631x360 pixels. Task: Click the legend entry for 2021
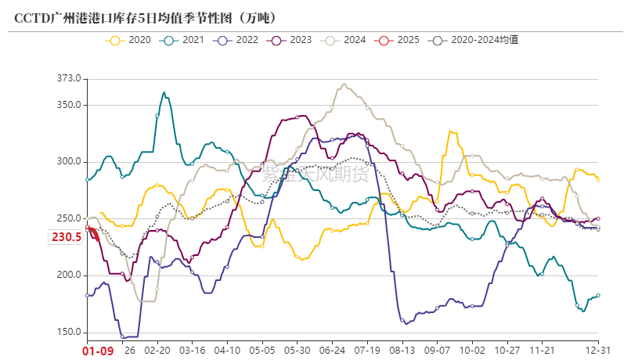pos(185,39)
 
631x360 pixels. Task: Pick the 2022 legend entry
pos(238,39)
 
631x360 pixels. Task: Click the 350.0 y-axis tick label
pos(68,105)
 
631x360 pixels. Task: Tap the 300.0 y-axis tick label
pos(68,162)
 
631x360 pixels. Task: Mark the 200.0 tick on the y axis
pos(68,275)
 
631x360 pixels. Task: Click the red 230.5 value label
pos(67,237)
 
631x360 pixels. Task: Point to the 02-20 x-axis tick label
pos(157,351)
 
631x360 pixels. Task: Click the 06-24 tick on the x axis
pos(333,351)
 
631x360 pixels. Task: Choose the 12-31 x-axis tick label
pos(599,351)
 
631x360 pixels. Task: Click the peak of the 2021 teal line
pos(164,92)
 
